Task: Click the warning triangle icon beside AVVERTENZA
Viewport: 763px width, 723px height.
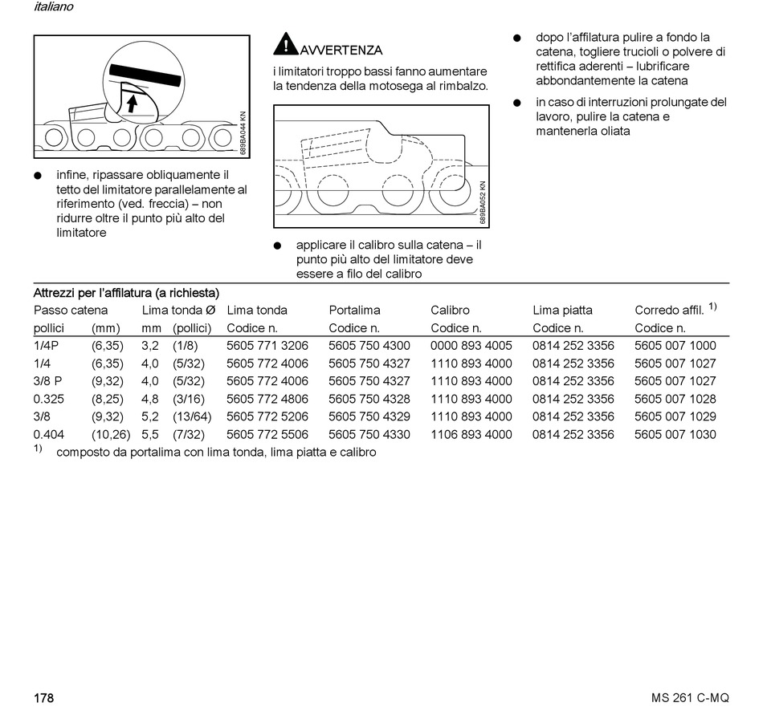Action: [285, 44]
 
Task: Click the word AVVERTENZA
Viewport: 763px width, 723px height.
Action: [341, 50]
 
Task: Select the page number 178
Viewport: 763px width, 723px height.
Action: [43, 698]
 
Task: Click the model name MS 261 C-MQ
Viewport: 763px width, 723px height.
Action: [690, 698]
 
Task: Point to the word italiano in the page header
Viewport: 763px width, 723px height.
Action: [54, 7]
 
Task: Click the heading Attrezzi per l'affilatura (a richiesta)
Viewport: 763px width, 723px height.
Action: [126, 293]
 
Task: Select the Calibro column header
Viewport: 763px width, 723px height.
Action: [450, 311]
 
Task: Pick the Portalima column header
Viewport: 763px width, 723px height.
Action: [354, 311]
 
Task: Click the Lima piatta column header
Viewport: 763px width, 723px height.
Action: [562, 311]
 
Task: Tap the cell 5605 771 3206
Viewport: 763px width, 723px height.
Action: [267, 346]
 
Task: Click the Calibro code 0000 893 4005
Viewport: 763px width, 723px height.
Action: [471, 346]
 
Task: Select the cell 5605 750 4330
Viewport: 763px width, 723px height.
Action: [369, 435]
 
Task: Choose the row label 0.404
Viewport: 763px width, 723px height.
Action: [48, 435]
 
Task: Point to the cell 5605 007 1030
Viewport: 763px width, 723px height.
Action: [675, 435]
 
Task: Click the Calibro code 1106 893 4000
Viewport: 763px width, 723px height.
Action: [471, 435]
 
